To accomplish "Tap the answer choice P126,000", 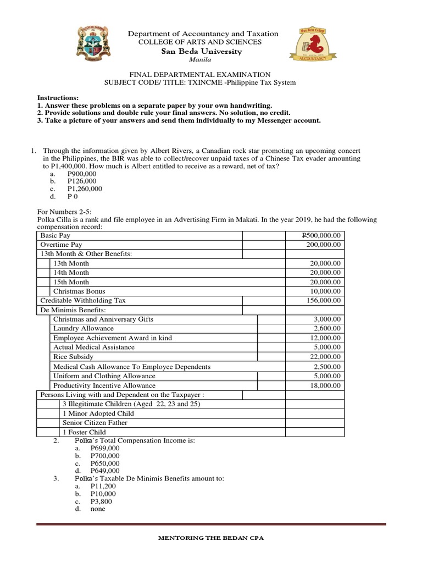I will (82, 180).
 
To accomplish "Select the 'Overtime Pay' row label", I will (62, 245).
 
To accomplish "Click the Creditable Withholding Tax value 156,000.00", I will (323, 301).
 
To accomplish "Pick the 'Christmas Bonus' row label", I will (79, 291).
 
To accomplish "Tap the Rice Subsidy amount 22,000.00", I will (325, 357).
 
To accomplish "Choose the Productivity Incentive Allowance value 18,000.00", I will (325, 385).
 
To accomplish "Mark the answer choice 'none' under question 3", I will (98, 509).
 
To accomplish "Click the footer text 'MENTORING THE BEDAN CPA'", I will (210, 538).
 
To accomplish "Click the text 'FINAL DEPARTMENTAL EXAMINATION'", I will (199, 74).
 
